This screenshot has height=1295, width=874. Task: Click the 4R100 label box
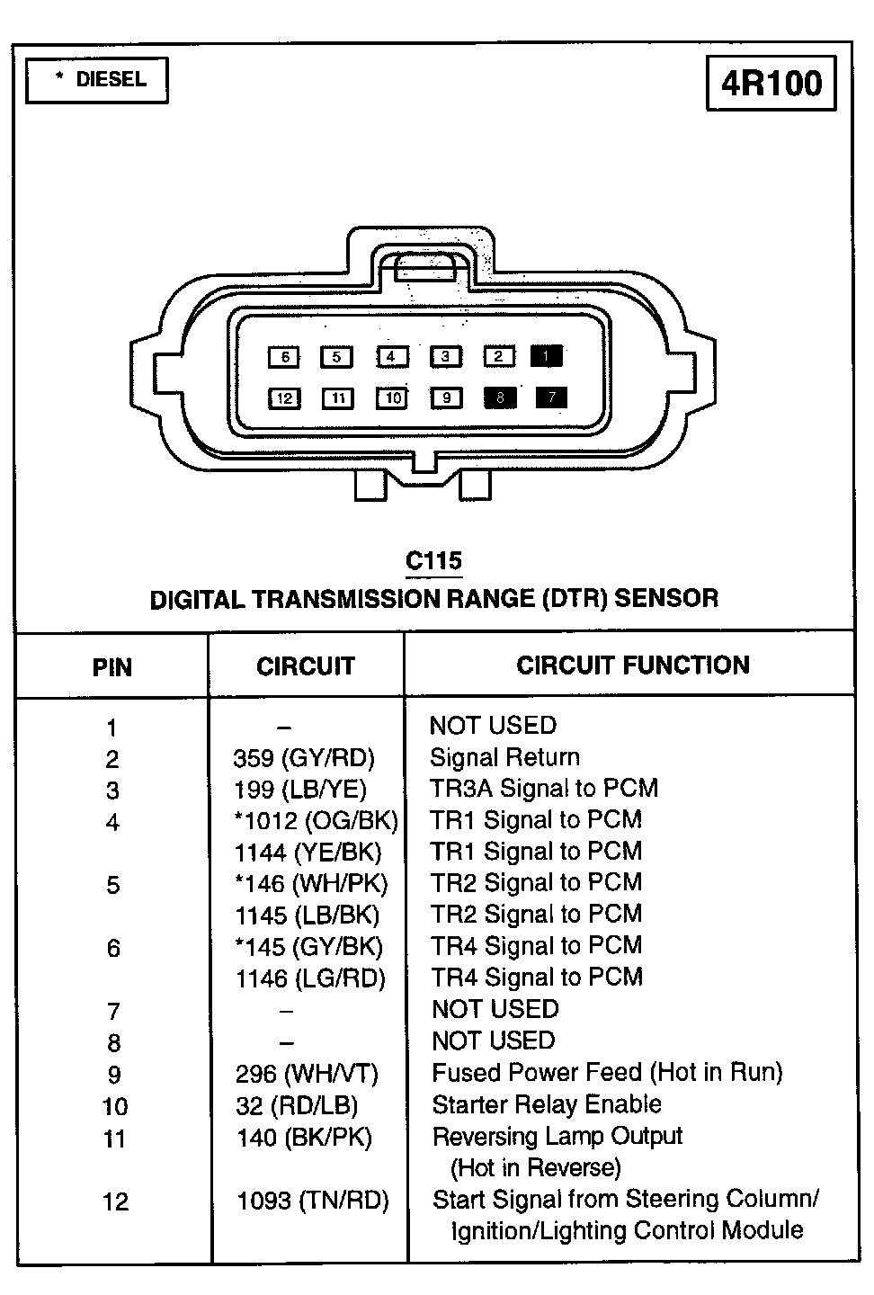771,84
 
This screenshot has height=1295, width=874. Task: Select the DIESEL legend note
97,80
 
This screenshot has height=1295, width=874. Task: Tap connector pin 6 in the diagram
284,357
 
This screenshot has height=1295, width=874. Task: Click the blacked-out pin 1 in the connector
547,356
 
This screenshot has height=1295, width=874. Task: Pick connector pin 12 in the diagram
284,397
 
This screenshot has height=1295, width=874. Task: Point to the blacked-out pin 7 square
551,397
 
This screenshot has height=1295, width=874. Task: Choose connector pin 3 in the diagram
445,357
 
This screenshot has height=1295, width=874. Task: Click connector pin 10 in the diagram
393,397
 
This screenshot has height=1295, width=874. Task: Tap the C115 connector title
433,561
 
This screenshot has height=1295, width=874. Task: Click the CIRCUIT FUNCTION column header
632,665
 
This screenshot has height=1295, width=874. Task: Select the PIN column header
112,667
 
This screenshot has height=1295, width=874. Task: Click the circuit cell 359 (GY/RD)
304,758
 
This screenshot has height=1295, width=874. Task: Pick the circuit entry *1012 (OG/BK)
316,821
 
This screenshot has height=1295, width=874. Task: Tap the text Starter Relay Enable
547,1104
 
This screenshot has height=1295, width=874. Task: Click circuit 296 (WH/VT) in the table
307,1074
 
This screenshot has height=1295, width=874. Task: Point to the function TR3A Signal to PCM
544,789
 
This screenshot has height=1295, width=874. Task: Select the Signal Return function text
504,757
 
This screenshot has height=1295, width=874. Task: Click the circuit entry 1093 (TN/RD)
312,1201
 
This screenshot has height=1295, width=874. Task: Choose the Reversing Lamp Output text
557,1136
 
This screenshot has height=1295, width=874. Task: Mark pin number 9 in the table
114,1075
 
